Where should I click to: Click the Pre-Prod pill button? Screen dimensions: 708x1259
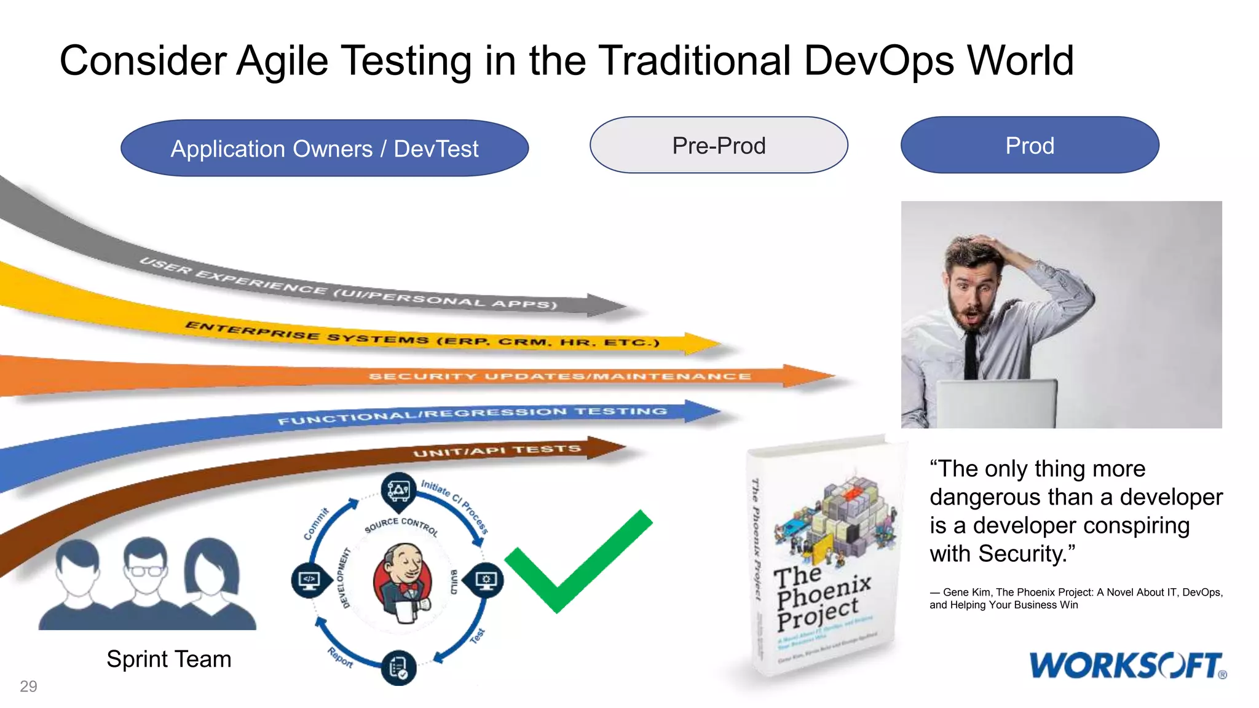point(719,146)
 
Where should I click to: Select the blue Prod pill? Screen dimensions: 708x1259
point(1030,146)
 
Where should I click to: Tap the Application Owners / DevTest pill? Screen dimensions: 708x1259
point(325,149)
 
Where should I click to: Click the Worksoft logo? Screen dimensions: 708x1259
point(1127,666)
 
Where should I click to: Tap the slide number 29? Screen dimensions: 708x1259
point(28,686)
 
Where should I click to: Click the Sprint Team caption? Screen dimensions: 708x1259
point(169,659)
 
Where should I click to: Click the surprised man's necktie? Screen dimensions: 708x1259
point(971,353)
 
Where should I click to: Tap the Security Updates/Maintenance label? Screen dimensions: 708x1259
point(559,376)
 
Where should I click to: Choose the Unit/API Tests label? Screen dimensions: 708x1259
point(497,451)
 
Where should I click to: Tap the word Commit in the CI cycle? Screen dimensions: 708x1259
point(316,524)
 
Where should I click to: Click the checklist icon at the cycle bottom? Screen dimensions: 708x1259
point(399,667)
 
